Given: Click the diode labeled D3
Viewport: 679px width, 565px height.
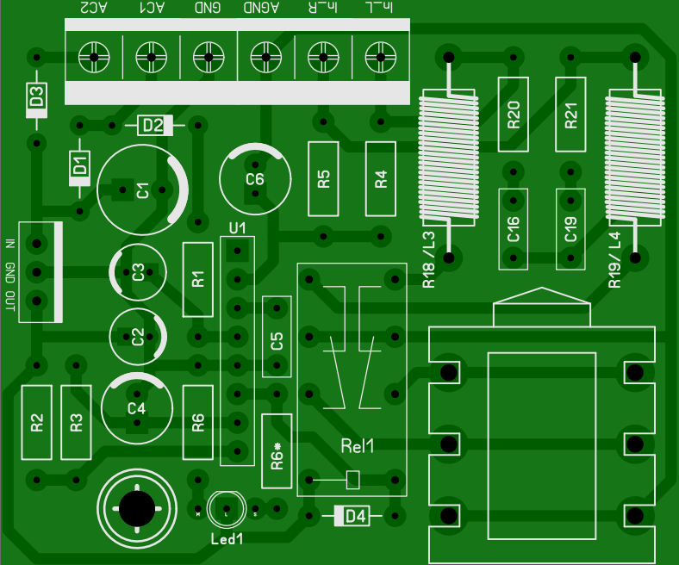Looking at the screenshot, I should (36, 100).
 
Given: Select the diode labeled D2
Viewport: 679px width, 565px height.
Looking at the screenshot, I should (154, 126).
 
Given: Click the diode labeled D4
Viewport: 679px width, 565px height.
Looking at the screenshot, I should (354, 516).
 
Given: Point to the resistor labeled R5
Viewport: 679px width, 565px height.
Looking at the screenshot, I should (324, 179).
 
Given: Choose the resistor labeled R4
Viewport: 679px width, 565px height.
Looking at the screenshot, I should (381, 179).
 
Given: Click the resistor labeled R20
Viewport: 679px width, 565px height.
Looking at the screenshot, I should (514, 115).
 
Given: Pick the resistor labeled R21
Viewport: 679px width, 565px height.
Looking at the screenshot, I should (570, 115).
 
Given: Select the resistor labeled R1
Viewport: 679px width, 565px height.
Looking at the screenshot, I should (198, 279).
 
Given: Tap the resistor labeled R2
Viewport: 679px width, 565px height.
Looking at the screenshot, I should (36, 423).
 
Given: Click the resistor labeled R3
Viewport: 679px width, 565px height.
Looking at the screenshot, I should (76, 423).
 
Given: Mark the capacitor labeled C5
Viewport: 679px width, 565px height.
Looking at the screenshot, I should (277, 340).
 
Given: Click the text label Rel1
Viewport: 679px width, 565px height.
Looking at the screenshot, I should (358, 446).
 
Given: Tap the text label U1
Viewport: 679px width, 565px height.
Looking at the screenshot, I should (238, 228).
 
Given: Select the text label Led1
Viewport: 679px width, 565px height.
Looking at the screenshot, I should (227, 540).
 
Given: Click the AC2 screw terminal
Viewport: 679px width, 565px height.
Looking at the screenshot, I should (93, 58).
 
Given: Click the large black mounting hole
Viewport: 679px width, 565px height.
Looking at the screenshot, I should (138, 508).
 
